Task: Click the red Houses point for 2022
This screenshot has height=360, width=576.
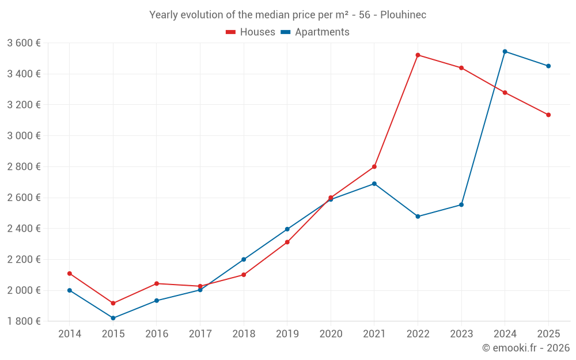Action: pyautogui.click(x=418, y=55)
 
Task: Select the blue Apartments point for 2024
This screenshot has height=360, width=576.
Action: pyautogui.click(x=505, y=51)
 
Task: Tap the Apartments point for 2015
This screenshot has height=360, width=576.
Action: pyautogui.click(x=113, y=318)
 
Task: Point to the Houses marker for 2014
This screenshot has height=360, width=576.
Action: pyautogui.click(x=70, y=274)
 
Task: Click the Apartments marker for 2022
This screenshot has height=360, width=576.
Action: pyautogui.click(x=418, y=217)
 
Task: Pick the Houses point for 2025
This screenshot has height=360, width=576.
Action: pyautogui.click(x=548, y=115)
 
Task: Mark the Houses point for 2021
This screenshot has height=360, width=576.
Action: pyautogui.click(x=374, y=166)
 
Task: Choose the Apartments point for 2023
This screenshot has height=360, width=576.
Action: pyautogui.click(x=461, y=204)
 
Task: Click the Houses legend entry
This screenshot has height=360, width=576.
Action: pyautogui.click(x=250, y=32)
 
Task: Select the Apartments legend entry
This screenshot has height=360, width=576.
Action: pyautogui.click(x=315, y=32)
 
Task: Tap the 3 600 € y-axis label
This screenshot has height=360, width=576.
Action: pyautogui.click(x=24, y=43)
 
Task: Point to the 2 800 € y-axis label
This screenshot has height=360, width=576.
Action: pyautogui.click(x=24, y=166)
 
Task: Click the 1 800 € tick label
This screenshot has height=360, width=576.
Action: pyautogui.click(x=24, y=321)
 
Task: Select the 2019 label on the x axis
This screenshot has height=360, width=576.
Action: pyautogui.click(x=287, y=334)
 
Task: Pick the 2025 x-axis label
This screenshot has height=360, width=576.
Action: pyautogui.click(x=548, y=334)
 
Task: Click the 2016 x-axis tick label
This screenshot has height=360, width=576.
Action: pyautogui.click(x=157, y=334)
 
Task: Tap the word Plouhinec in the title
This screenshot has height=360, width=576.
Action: pyautogui.click(x=403, y=15)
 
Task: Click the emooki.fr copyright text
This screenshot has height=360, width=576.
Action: pyautogui.click(x=526, y=348)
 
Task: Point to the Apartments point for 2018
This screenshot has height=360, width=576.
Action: pyautogui.click(x=244, y=259)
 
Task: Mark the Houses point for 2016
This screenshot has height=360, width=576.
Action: pyautogui.click(x=157, y=283)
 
